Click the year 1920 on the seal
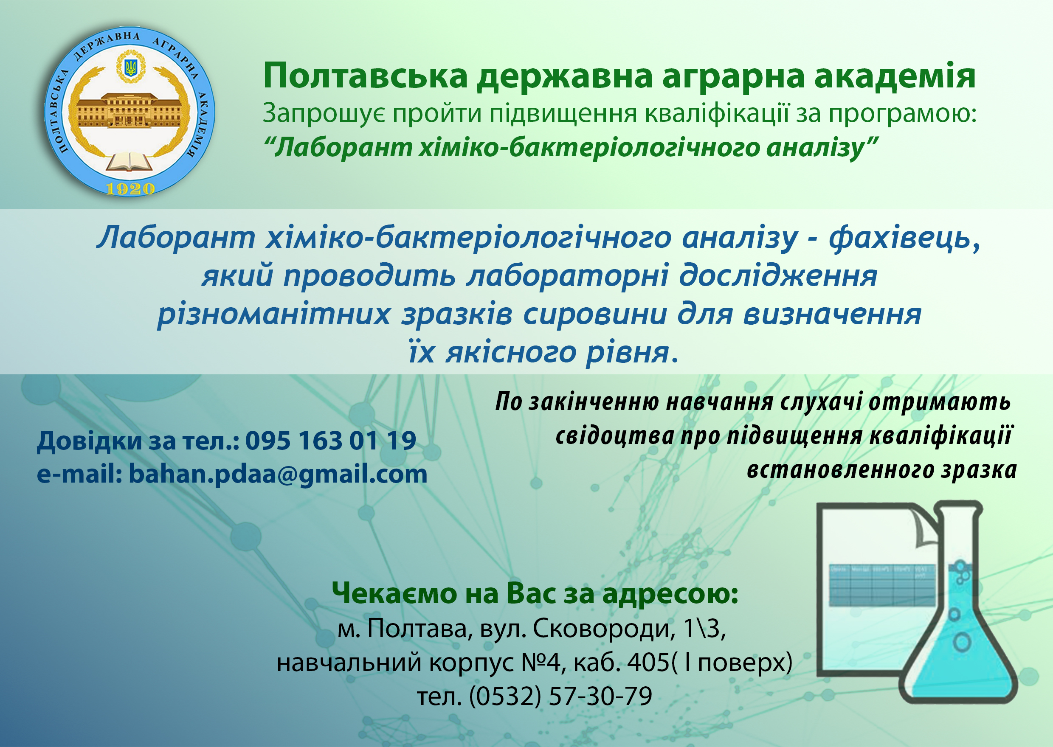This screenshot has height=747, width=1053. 130,188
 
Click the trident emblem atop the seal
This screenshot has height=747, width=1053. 131,67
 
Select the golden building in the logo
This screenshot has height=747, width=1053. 129,110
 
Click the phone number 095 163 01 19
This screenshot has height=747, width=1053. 331,440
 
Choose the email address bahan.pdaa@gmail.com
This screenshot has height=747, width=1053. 278,474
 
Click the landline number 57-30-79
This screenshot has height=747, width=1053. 601,696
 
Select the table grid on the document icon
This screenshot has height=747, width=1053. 882,584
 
